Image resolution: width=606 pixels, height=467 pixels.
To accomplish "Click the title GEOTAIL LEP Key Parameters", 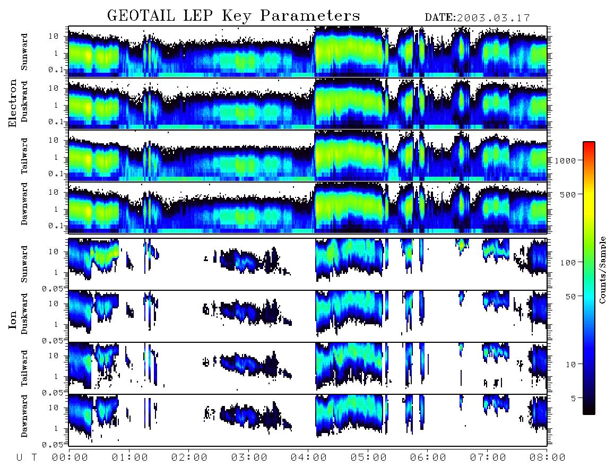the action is tap(233, 15).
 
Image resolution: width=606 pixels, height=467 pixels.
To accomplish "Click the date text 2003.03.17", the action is tap(494, 18).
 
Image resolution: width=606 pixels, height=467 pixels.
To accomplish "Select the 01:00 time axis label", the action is tap(129, 458).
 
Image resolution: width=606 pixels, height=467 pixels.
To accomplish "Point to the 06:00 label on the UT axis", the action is tap(428, 458).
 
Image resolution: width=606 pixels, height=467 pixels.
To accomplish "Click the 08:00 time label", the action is tap(547, 458).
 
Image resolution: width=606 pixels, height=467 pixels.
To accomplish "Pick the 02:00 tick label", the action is tap(189, 458).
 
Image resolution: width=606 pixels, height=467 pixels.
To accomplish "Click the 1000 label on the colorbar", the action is tap(566, 161).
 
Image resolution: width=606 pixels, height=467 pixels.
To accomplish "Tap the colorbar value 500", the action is tap(568, 194).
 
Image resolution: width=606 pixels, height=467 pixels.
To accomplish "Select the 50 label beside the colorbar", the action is tap(570, 297).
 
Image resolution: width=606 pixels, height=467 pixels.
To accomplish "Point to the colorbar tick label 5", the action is tap(573, 398).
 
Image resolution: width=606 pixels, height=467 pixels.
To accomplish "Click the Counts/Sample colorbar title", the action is tap(602, 270).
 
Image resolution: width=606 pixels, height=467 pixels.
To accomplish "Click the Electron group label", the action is tap(13, 103).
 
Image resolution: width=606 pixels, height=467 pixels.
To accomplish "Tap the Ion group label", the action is tap(13, 319).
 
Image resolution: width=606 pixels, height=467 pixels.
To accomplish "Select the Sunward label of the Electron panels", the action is tap(24, 52).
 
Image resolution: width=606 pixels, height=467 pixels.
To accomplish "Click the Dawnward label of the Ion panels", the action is tap(24, 416).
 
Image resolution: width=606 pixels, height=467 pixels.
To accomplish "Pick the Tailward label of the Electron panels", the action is tap(24, 155).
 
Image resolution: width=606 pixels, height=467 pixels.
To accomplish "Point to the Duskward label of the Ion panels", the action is tap(24, 314).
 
